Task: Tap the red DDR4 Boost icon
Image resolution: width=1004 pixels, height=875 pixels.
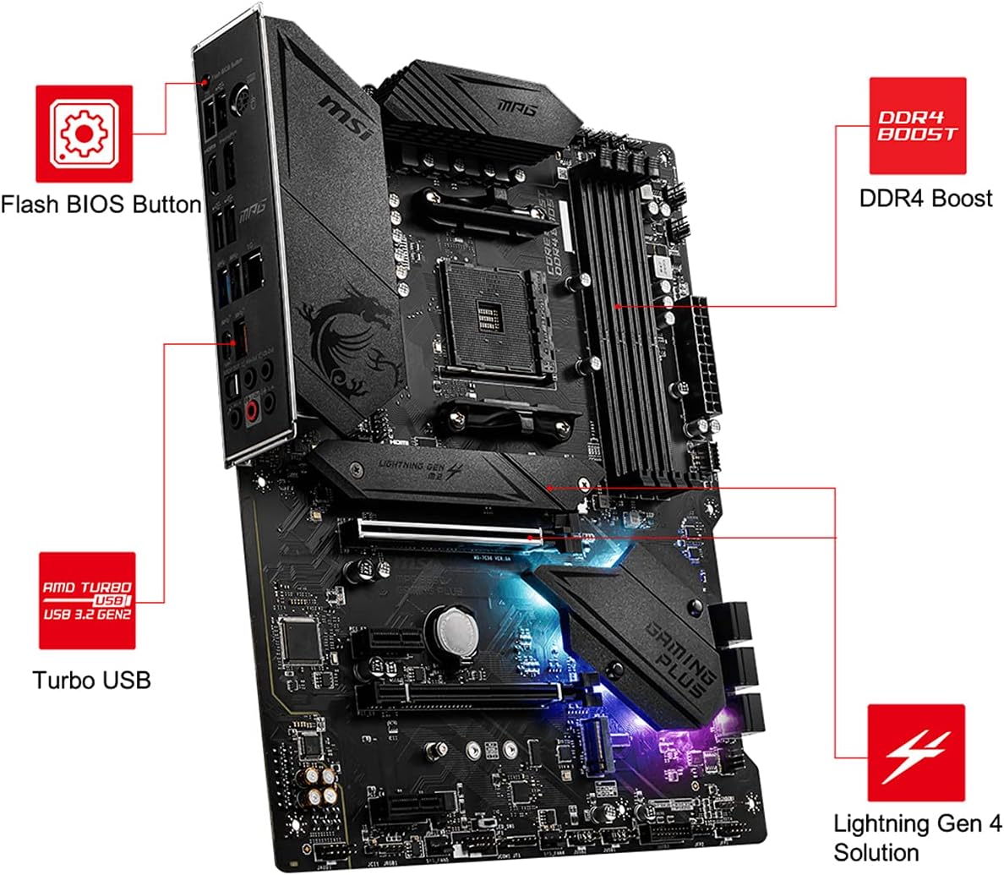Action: [x=918, y=126]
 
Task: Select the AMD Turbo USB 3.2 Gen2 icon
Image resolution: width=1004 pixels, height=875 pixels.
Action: [x=87, y=600]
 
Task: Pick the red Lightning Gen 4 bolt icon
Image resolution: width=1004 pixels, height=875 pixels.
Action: [x=916, y=752]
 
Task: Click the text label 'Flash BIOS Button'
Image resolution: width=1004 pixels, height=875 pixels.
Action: [x=101, y=205]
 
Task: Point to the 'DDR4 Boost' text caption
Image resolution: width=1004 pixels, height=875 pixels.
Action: [x=925, y=199]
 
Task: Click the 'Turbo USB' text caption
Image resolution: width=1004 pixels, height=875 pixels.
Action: [x=91, y=680]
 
